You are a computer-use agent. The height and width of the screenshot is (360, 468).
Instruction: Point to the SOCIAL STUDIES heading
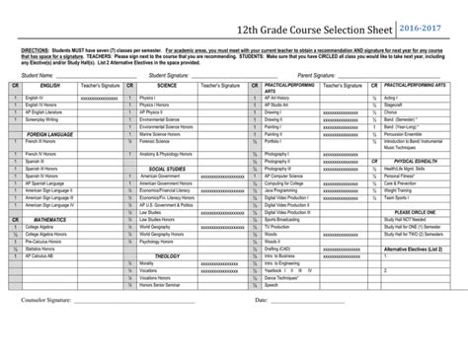(x=167, y=169)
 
